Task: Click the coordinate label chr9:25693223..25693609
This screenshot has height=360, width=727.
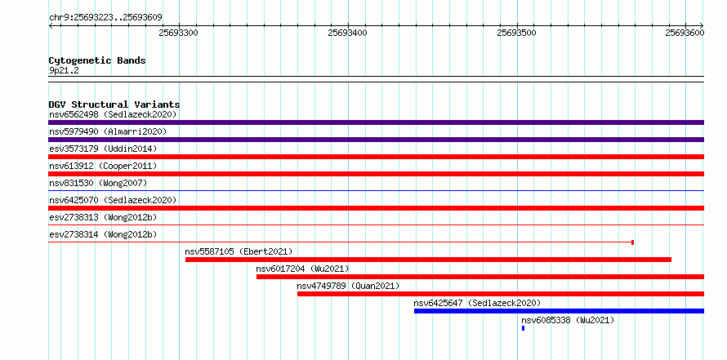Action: [105, 18]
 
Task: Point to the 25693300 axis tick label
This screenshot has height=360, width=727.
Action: [179, 33]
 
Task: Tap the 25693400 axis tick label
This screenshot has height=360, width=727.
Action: [347, 33]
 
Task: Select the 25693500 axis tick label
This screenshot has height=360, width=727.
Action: [516, 33]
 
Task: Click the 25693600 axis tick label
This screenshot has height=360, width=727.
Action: [685, 33]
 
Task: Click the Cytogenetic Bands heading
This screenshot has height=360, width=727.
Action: [97, 60]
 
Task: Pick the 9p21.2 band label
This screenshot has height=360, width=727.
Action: [64, 71]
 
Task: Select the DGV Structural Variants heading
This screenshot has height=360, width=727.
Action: [114, 104]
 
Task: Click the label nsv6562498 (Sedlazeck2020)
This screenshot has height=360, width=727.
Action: [113, 114]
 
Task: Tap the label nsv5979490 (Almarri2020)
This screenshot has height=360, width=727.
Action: [108, 132]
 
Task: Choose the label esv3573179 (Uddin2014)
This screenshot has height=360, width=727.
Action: [103, 149]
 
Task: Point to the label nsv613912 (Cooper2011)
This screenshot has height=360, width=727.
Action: [103, 166]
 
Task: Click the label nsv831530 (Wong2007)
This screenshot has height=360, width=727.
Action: [98, 183]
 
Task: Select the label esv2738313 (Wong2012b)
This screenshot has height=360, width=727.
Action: [103, 217]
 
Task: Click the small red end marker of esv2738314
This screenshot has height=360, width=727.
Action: [633, 242]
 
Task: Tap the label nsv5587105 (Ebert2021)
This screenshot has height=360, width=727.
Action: [239, 251]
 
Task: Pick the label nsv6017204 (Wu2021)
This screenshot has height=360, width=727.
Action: [302, 269]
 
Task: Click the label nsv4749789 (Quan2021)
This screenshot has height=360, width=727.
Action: [348, 286]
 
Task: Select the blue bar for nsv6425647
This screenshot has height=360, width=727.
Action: [560, 311]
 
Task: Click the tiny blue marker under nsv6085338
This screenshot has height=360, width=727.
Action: [523, 328]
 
